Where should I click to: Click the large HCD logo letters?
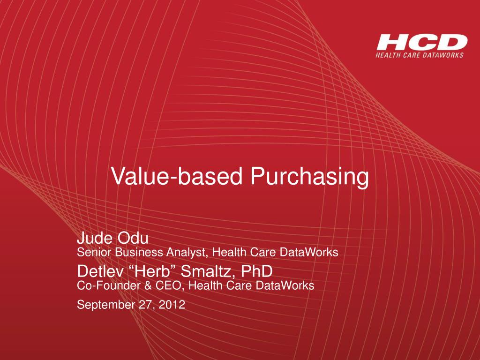(421, 43)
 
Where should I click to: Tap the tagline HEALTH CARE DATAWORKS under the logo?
(420, 55)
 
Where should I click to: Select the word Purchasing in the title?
(309, 177)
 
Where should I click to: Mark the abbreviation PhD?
(256, 270)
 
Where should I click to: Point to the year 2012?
(172, 305)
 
